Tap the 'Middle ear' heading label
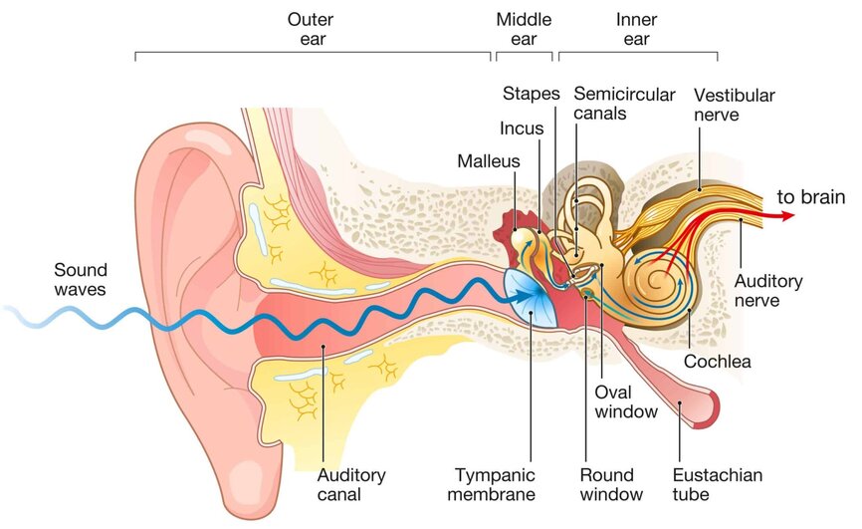coord(524,29)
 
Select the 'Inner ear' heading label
coord(636,29)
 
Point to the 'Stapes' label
coord(531,94)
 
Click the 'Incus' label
coord(521,128)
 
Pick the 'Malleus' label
coord(488,160)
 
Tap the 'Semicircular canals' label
coord(614,104)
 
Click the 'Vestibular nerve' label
coord(734,105)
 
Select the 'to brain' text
coord(811,197)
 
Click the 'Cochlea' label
coord(717,361)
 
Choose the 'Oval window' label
coord(625,400)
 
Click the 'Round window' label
coord(611,483)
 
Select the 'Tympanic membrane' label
coord(494,483)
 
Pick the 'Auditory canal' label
coord(350,483)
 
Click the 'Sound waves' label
coord(81,279)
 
